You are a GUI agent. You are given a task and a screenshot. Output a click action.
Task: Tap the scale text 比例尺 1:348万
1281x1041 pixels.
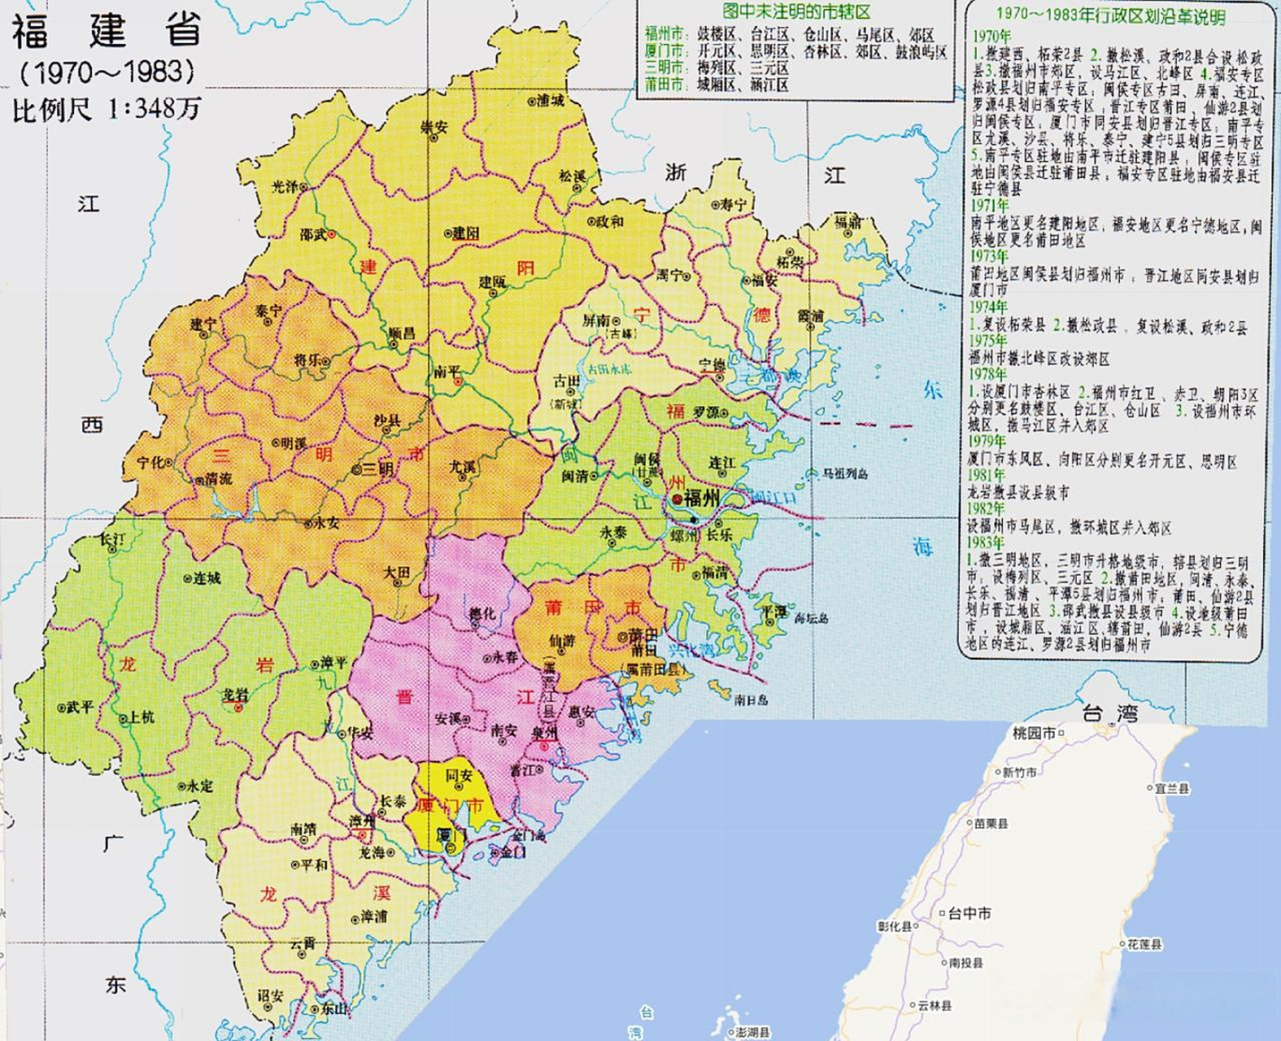click(106, 109)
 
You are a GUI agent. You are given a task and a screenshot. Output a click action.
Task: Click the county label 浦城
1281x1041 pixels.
click(550, 101)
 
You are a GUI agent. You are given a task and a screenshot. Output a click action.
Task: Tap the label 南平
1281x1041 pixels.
click(447, 372)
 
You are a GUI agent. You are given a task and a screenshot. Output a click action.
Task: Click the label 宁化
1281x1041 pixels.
click(150, 462)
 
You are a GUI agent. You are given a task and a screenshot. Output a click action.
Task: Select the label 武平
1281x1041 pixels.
click(81, 708)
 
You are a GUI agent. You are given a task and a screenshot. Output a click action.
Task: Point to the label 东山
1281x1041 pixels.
click(333, 1008)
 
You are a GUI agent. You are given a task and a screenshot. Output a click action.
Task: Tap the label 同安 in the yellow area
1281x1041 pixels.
click(459, 776)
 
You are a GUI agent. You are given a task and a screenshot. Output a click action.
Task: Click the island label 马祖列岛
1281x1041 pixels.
click(845, 473)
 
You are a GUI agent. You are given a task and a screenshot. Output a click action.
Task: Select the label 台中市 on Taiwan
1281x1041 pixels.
click(969, 913)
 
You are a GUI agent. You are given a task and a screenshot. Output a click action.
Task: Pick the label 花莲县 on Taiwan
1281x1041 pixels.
click(1144, 944)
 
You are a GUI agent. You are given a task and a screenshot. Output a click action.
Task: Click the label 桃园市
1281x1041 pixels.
click(1035, 733)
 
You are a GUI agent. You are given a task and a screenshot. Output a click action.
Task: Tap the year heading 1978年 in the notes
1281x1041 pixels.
click(987, 374)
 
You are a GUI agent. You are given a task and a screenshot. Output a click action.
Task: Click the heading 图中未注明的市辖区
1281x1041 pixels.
click(796, 12)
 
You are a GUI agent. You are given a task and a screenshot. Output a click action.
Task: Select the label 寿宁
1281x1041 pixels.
click(734, 205)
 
